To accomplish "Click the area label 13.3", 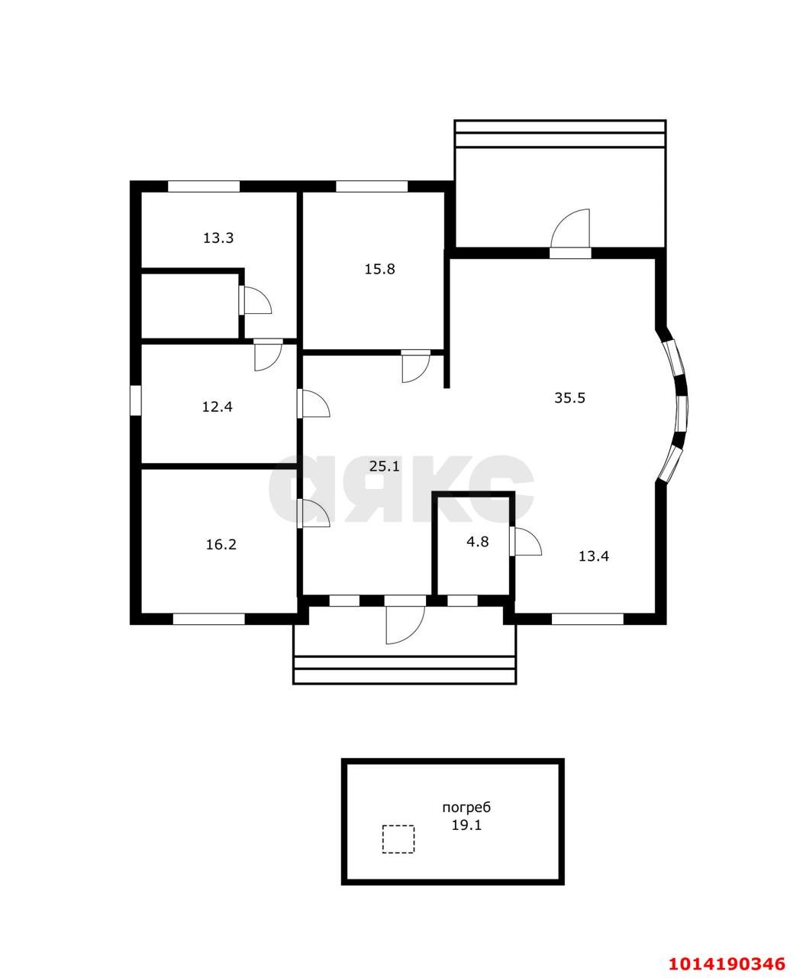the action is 218,238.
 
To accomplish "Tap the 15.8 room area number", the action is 379,269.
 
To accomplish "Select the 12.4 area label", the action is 218,406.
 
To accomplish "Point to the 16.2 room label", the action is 221,544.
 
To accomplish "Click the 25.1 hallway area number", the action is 384,466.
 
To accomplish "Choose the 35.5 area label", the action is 570,397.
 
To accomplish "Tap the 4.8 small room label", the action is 477,541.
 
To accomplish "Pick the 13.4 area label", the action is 594,556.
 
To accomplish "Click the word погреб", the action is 466,808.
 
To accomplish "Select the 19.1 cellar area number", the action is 467,825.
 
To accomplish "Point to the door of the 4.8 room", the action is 525,541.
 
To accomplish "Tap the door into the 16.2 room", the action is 314,513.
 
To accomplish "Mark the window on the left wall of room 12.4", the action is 135,400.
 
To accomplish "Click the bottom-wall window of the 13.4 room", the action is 588,619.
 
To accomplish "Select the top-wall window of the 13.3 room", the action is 204,186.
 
